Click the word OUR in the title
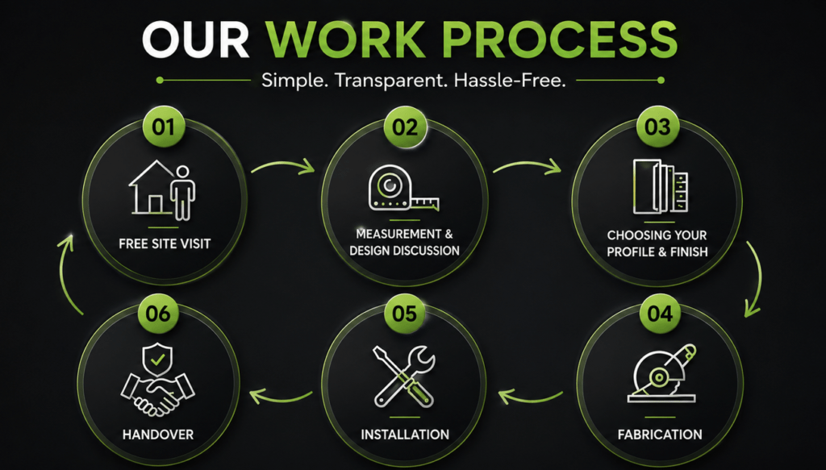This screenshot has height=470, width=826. (195, 40)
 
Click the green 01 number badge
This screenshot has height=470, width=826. (163, 127)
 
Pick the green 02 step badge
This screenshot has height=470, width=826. (405, 127)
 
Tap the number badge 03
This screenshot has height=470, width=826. (657, 127)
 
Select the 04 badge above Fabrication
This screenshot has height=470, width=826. (660, 314)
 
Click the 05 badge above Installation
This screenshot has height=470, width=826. (404, 314)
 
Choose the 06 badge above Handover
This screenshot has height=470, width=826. (158, 314)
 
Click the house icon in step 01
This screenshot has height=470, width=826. (152, 187)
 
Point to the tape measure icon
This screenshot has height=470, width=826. (403, 189)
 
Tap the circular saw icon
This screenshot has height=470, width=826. (661, 373)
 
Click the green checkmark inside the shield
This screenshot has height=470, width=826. (157, 360)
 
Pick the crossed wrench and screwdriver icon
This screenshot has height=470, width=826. (404, 376)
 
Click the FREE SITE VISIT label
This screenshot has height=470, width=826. (165, 243)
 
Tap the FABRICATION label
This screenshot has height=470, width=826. (660, 435)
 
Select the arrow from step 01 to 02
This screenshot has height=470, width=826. (283, 164)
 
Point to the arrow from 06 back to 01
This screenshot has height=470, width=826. (61, 274)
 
